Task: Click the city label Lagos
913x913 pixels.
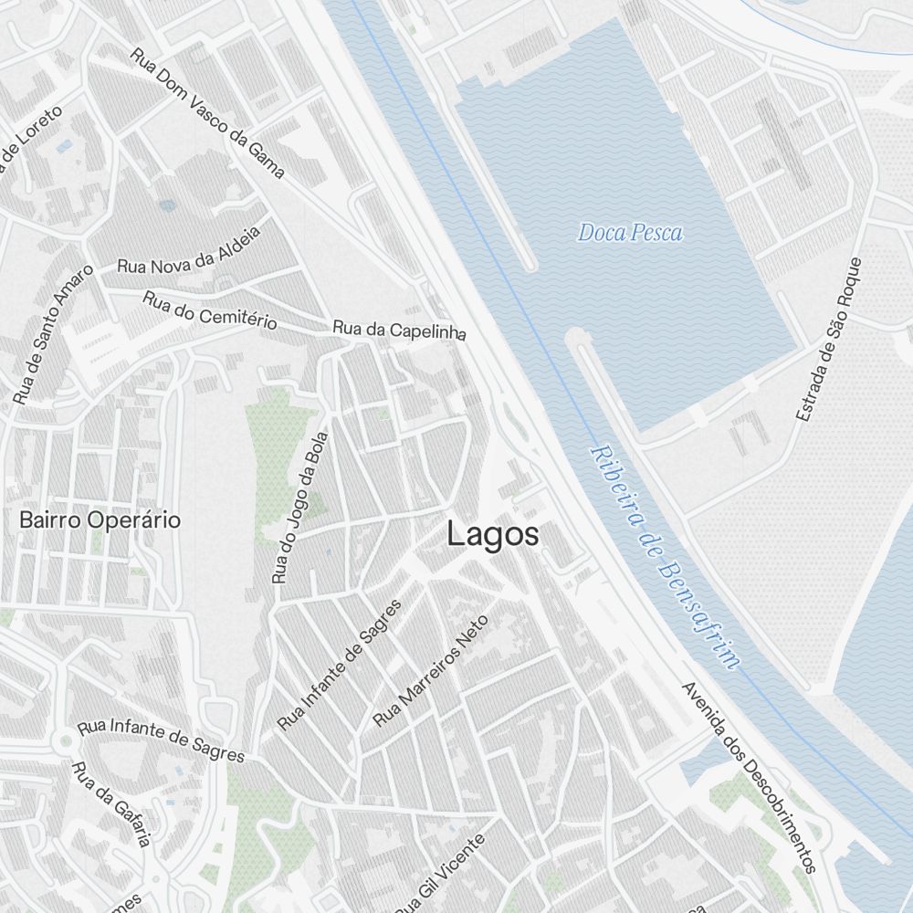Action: (x=492, y=535)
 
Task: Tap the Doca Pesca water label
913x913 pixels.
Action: (x=630, y=233)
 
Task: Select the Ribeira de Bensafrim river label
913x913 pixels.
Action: (x=664, y=557)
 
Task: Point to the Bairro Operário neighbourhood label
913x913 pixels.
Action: (x=100, y=520)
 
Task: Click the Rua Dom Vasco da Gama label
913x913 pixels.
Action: (x=208, y=111)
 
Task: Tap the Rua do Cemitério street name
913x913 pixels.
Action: (x=210, y=310)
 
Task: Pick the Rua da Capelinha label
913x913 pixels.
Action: (x=399, y=331)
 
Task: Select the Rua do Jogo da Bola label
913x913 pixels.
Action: (x=300, y=507)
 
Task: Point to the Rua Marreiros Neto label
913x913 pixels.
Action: (x=432, y=671)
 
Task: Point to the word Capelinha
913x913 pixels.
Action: (x=428, y=332)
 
